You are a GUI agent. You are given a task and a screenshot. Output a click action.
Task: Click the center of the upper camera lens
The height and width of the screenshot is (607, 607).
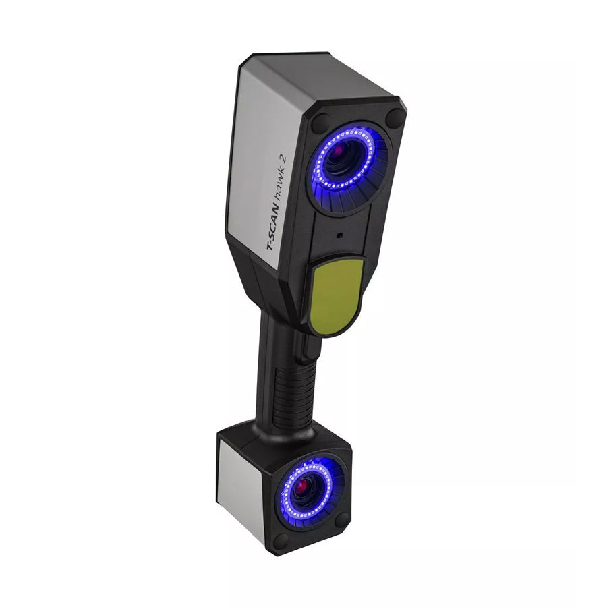coord(344,160)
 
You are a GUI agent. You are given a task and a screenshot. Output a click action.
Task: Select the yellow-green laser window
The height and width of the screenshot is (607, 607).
coord(337,295)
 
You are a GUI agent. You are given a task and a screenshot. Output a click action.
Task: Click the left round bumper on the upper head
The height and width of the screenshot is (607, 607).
coord(320,123)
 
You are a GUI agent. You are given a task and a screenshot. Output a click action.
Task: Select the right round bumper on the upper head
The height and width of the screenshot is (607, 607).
coord(394,117)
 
